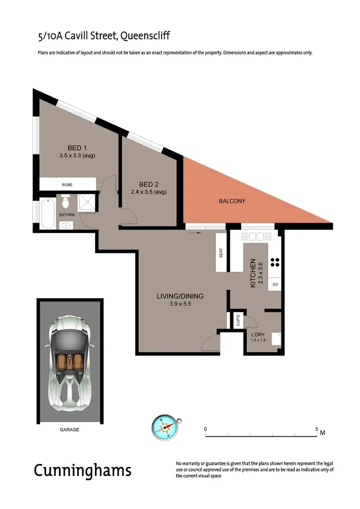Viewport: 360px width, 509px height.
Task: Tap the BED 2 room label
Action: (149, 184)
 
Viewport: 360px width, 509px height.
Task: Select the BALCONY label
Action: (232, 201)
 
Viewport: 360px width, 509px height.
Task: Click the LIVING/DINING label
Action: (180, 296)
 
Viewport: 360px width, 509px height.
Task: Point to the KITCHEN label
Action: (253, 273)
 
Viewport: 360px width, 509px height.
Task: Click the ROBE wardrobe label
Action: (67, 185)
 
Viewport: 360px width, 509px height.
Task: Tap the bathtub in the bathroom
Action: (47, 214)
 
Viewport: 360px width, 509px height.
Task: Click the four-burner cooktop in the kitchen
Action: (275, 262)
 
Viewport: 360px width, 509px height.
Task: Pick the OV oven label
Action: (276, 284)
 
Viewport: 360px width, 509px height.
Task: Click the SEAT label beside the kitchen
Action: (221, 253)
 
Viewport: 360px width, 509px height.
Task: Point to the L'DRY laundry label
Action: (258, 334)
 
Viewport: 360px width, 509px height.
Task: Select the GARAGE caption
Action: (70, 430)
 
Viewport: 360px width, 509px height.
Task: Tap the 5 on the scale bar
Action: (317, 429)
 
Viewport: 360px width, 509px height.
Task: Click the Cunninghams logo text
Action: (82, 470)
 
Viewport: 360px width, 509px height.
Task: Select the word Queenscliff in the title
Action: (145, 35)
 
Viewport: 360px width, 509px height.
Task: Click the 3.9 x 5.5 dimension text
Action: (180, 304)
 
